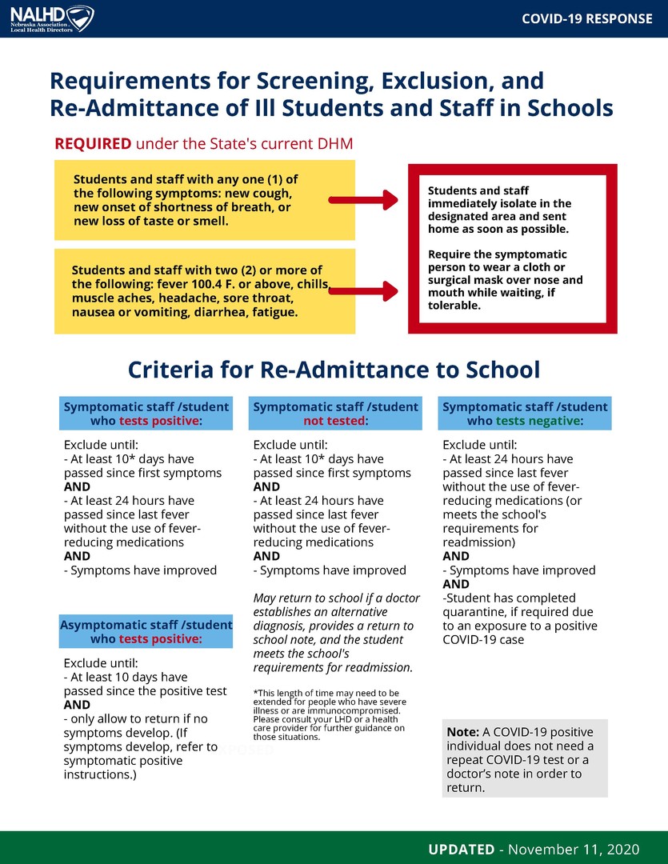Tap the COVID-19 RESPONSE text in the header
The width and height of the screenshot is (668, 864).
(586, 18)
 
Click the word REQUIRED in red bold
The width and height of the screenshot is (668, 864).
(93, 144)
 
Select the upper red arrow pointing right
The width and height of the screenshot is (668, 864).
(363, 200)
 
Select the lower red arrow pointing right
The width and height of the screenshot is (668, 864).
(363, 290)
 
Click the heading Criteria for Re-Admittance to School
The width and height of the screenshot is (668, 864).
(334, 370)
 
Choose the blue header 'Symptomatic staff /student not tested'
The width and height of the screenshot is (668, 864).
(335, 414)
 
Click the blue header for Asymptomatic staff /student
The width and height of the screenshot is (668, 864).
(146, 631)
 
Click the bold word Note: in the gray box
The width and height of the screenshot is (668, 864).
(462, 732)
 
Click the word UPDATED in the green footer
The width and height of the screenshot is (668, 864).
(461, 849)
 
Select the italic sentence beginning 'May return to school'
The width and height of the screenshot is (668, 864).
(334, 632)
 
